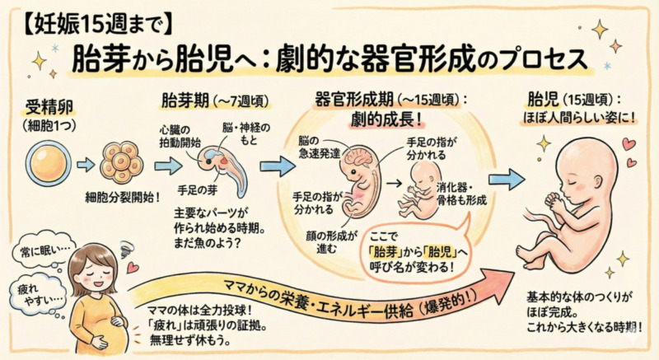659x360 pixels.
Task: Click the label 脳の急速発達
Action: coord(315,147)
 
